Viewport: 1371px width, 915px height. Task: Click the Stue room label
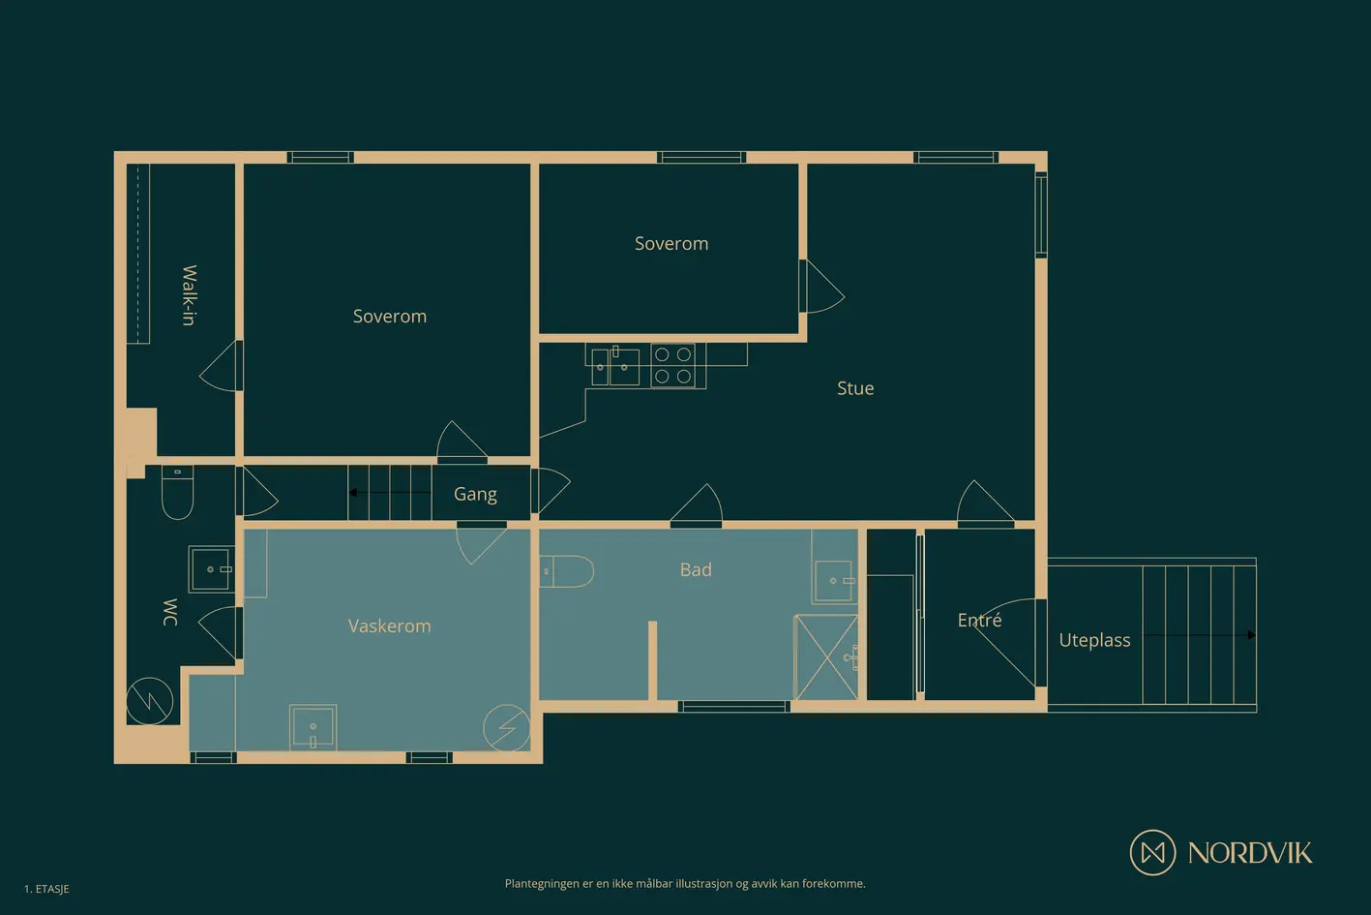tap(855, 388)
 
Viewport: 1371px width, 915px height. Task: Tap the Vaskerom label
tap(389, 625)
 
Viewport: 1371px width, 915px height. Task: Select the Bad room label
tap(696, 569)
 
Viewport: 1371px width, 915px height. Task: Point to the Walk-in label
tap(190, 295)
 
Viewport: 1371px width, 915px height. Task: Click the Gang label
tap(475, 494)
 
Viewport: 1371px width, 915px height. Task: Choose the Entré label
tap(979, 620)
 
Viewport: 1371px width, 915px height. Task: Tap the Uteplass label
tap(1094, 641)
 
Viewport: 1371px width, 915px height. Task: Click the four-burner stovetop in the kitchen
tap(672, 366)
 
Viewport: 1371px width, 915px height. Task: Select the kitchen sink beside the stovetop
tap(615, 366)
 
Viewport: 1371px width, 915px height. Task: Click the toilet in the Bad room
tap(566, 571)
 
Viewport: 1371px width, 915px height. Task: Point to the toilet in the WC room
tap(177, 492)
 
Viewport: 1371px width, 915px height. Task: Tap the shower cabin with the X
tap(826, 657)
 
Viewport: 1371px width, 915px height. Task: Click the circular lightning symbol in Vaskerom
tap(506, 727)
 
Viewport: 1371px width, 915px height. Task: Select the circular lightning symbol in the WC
tap(149, 701)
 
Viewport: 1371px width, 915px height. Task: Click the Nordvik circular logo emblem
tap(1152, 852)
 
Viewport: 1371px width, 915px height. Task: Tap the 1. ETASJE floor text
tap(46, 889)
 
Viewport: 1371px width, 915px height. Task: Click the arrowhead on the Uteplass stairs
tap(1252, 635)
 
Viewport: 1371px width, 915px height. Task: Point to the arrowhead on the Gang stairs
tap(352, 493)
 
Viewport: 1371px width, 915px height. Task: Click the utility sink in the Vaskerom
tap(313, 727)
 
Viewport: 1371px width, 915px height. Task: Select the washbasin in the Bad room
tap(835, 581)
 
